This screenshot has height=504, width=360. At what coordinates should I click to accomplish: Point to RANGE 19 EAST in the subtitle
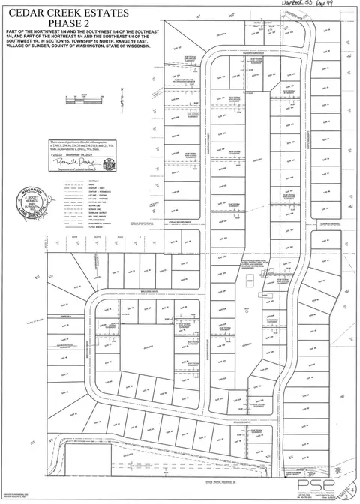(x=138, y=42)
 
